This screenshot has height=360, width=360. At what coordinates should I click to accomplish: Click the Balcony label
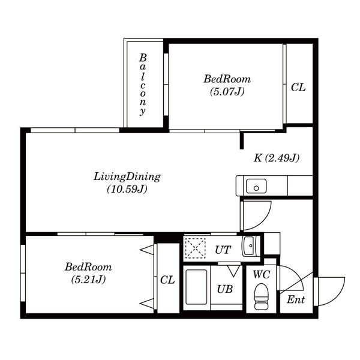[143, 85]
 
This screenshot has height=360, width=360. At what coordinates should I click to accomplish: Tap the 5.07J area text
[227, 92]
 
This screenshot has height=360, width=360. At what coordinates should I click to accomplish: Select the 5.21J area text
[88, 280]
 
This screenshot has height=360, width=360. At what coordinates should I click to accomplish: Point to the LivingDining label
[127, 177]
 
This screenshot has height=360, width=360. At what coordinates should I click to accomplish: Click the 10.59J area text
[127, 190]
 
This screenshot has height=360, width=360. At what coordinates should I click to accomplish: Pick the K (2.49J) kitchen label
[277, 158]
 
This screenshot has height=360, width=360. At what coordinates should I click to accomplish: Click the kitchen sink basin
[256, 186]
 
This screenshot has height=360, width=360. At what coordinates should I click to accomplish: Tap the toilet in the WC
[261, 296]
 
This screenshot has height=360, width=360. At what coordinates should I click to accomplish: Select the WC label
[262, 274]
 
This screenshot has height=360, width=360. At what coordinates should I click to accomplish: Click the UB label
[225, 289]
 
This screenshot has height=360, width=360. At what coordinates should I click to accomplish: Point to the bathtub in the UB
[196, 287]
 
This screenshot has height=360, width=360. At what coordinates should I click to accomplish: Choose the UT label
[223, 250]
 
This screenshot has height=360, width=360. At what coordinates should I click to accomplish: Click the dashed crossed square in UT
[196, 248]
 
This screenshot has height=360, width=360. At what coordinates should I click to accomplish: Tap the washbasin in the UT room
[248, 245]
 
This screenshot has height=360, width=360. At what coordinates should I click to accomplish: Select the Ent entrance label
[296, 299]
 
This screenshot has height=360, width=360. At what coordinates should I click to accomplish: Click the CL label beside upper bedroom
[298, 88]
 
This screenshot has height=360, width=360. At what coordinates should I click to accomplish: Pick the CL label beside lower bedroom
[167, 280]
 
